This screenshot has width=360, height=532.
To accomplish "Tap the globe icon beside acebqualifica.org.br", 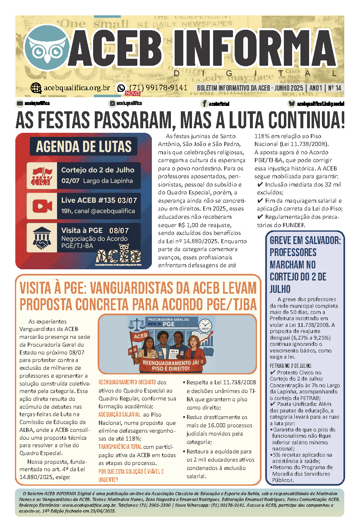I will point(36,88).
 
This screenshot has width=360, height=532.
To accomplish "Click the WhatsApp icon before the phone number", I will point(121,88).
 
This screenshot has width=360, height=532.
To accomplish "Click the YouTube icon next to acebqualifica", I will point(19,103).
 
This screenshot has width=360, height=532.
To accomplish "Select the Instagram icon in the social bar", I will point(112,103).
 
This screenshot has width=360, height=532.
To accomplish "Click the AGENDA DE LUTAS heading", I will point(84,146).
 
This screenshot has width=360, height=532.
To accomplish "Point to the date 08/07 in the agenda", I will point(119,230).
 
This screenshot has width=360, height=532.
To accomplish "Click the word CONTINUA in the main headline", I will point(304,120).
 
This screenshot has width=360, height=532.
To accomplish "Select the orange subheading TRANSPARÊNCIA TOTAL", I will point(120,446).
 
